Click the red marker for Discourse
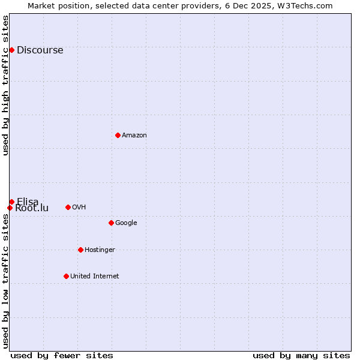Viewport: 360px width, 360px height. click(x=11, y=50)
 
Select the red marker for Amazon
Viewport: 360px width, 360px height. click(x=118, y=135)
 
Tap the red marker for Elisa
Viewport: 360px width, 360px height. click(x=11, y=202)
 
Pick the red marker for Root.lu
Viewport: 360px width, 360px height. click(x=10, y=208)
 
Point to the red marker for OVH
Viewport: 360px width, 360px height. click(x=68, y=207)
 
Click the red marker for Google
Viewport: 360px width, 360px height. click(x=111, y=223)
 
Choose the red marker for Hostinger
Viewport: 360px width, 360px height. click(x=80, y=250)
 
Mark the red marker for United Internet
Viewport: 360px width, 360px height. click(x=66, y=276)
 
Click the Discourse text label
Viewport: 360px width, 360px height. click(x=40, y=50)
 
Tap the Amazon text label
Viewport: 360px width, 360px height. click(x=134, y=136)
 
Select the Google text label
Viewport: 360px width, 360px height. click(x=126, y=223)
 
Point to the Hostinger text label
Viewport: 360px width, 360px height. click(x=100, y=250)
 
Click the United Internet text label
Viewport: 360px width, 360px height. click(x=94, y=277)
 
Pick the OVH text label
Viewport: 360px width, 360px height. click(x=79, y=208)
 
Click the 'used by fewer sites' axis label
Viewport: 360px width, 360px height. click(x=62, y=355)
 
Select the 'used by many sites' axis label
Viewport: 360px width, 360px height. click(x=301, y=355)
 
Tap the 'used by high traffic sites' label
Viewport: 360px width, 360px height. click(x=5, y=85)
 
